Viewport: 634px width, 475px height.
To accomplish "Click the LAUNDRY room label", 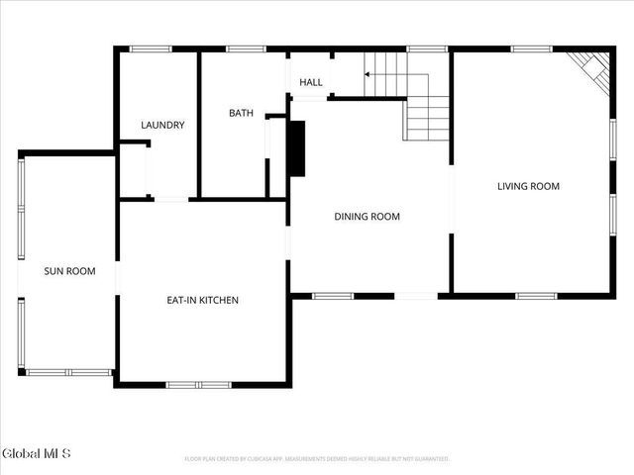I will (162, 125).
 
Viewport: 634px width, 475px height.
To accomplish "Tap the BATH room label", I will (242, 113).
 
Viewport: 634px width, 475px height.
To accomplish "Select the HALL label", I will (311, 82).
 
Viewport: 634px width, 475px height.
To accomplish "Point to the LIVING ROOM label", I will (528, 186).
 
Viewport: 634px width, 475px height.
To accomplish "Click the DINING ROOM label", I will (367, 216).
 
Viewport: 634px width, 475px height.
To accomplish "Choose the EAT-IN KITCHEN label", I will (202, 300).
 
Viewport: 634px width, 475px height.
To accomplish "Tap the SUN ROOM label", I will (69, 270).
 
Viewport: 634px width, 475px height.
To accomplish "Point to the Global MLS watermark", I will (37, 453).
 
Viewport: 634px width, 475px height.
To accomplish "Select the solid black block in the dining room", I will (296, 147).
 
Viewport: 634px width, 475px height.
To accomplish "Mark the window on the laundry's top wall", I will (151, 48).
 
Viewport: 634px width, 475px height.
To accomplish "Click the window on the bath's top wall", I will (243, 48).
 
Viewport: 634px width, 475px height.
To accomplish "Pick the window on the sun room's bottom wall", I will (68, 372).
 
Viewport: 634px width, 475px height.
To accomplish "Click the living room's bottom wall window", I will (536, 295).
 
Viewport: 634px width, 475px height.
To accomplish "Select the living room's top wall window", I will (531, 48).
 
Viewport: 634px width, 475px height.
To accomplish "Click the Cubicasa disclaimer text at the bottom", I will (317, 459).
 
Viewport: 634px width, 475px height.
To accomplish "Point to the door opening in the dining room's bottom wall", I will (416, 295).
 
